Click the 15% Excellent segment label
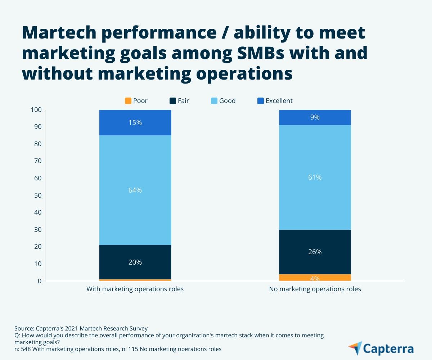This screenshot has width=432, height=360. (x=135, y=122)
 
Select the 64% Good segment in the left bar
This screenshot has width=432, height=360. (x=135, y=190)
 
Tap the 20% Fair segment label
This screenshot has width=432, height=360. (x=135, y=262)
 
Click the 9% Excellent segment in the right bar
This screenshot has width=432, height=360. (x=315, y=117)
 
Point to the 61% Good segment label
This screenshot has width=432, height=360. (x=315, y=177)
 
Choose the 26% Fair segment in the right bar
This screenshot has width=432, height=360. (x=315, y=252)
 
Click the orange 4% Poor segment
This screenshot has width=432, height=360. (x=315, y=278)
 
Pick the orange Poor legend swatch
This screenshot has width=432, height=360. (x=128, y=101)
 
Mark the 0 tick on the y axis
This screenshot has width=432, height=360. (x=39, y=281)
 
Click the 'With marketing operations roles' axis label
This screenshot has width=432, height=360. (x=135, y=289)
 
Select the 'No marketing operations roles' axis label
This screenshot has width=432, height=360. (x=315, y=289)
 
